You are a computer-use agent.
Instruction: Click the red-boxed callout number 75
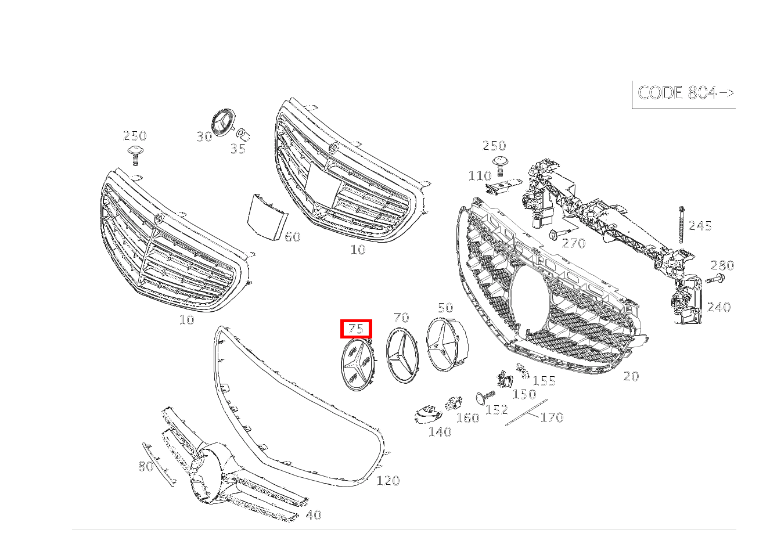[356, 329]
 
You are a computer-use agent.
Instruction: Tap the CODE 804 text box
[685, 93]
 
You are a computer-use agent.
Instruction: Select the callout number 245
[700, 226]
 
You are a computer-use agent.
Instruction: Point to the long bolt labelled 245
[681, 225]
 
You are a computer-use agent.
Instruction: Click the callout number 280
[722, 265]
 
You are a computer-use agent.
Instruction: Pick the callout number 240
[719, 307]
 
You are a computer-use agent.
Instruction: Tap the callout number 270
[574, 243]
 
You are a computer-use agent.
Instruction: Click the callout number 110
[480, 176]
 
